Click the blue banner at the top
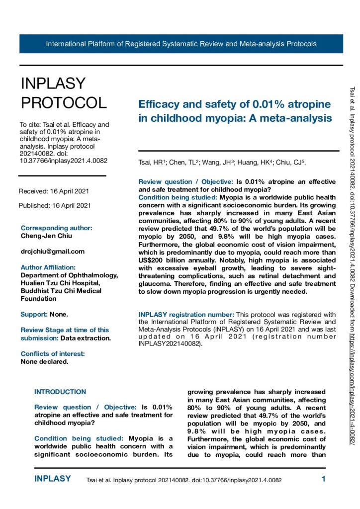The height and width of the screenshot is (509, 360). (x=181, y=44)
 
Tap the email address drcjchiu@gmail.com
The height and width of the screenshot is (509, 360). (x=52, y=252)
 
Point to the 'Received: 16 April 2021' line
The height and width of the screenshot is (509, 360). (x=54, y=191)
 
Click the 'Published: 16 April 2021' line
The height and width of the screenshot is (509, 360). (x=55, y=205)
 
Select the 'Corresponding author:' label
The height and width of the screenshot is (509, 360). (x=56, y=228)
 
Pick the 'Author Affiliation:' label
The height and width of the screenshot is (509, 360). (x=48, y=267)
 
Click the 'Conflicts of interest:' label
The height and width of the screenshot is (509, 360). (x=52, y=354)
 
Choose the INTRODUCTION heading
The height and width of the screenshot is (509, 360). (x=60, y=392)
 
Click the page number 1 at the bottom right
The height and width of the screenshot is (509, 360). (x=323, y=480)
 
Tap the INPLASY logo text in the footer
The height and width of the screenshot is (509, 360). (x=52, y=479)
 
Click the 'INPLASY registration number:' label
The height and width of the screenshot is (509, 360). (x=185, y=315)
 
